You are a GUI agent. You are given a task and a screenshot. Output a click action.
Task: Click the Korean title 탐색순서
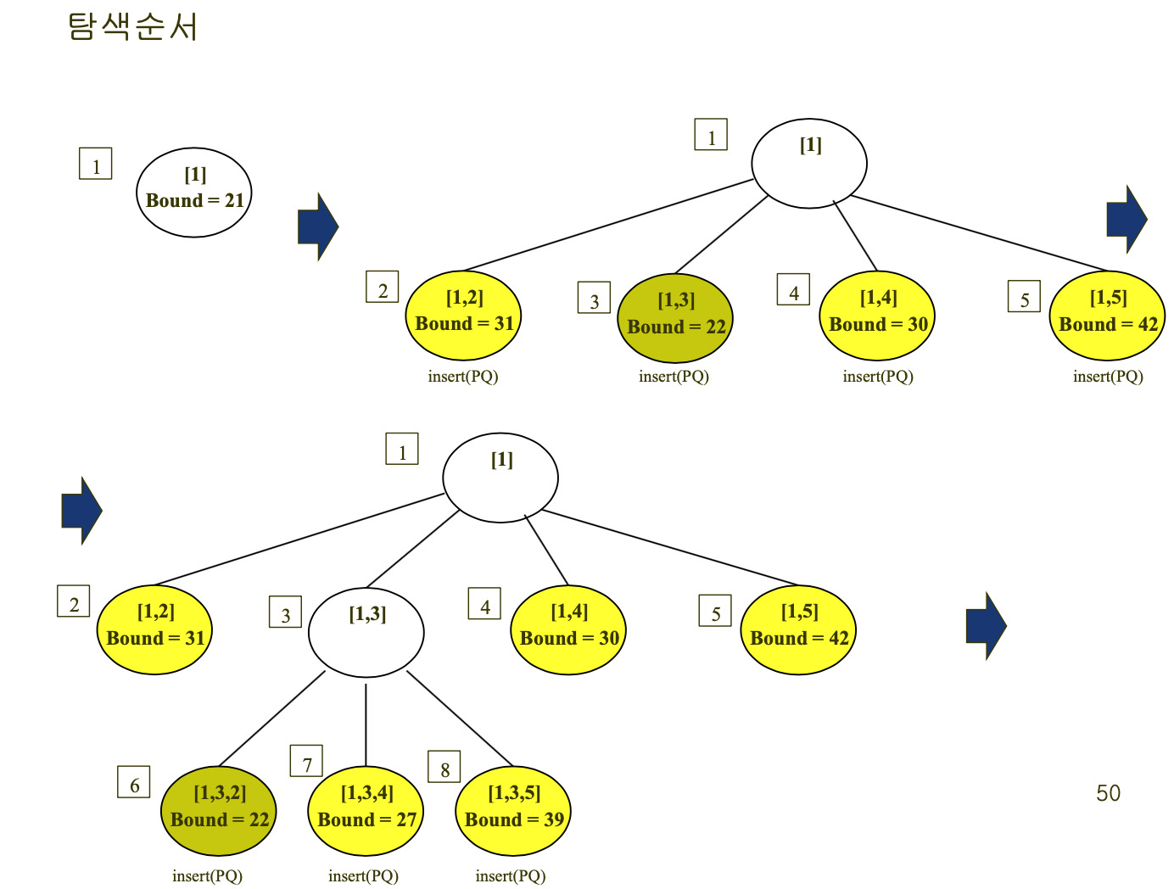(132, 26)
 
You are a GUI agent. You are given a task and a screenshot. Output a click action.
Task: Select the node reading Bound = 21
(193, 192)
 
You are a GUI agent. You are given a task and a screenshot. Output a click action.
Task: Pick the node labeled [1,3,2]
(218, 810)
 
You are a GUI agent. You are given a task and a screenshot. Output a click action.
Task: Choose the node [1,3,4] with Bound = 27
(366, 810)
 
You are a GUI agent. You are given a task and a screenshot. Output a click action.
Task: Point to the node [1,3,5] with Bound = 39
(513, 810)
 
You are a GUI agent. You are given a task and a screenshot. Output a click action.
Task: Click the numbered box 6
(134, 781)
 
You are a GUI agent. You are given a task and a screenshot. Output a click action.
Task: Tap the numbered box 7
(306, 760)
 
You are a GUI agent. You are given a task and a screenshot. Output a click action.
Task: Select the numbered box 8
(444, 766)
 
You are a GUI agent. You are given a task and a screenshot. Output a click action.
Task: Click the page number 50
(1108, 792)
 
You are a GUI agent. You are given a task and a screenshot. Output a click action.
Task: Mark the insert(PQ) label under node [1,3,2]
(208, 875)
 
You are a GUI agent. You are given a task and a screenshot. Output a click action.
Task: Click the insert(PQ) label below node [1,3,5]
(511, 875)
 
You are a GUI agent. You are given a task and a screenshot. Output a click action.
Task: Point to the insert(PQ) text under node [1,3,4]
(364, 875)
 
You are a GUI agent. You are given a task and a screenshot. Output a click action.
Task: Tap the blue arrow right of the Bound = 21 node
(318, 226)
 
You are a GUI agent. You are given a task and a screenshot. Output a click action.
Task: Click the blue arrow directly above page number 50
(987, 626)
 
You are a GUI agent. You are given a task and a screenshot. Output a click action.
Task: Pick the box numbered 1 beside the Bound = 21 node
(96, 163)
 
